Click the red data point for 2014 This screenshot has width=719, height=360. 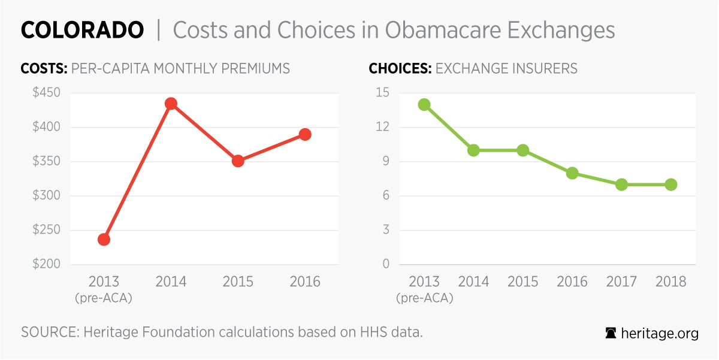tap(171, 104)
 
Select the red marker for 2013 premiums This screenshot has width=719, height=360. tap(104, 240)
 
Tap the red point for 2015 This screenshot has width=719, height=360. tap(238, 161)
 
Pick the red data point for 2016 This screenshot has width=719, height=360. tap(305, 134)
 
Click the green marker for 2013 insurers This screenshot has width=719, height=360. tap(424, 104)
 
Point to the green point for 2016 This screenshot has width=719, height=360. tap(572, 173)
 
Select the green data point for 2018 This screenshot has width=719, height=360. tap(670, 184)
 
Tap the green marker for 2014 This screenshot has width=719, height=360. tap(473, 150)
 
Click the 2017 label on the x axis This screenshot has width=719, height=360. tap(621, 282)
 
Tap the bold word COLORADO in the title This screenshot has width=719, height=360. tap(82, 30)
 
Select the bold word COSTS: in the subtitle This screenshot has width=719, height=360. tap(44, 68)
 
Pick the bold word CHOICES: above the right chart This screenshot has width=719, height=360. tap(400, 68)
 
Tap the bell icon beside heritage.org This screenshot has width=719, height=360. tap(611, 334)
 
